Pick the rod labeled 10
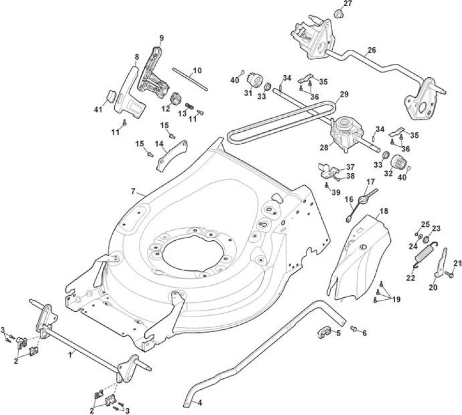click(190, 79)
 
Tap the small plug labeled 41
click(111, 96)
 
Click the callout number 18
click(384, 211)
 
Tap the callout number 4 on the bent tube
click(200, 403)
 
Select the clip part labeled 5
click(323, 331)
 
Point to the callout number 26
click(372, 50)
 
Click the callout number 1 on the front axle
click(70, 355)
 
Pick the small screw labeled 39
click(327, 185)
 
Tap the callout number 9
click(161, 38)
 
